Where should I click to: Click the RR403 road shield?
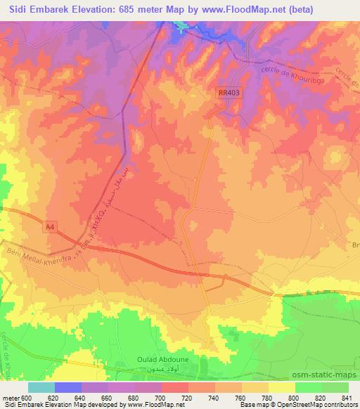229,93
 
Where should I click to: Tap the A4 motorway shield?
49,227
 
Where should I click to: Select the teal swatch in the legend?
41,387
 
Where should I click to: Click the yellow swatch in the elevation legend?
281,387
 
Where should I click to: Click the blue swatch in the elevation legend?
67,387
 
